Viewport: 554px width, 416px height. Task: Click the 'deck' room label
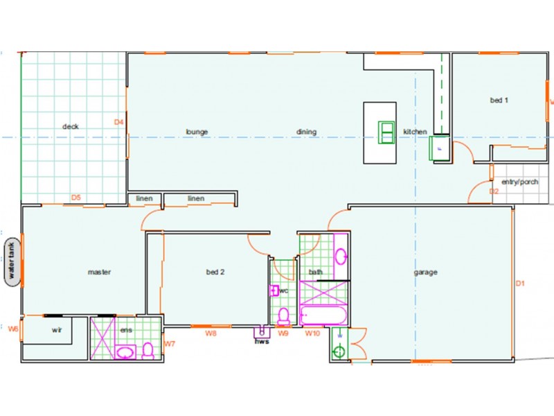71,127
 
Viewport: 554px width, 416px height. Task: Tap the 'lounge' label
197,132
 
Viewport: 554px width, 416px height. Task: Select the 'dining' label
306,132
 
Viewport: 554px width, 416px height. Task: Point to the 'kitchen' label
415,132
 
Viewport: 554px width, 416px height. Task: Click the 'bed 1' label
499,101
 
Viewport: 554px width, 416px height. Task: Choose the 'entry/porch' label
519,182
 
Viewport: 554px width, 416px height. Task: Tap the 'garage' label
425,272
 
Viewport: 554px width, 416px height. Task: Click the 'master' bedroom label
99,272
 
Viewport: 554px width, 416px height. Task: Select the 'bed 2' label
215,272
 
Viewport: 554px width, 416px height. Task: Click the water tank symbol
11,261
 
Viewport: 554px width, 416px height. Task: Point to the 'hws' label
262,341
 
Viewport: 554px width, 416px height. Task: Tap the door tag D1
521,283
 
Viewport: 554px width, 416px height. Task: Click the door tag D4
119,123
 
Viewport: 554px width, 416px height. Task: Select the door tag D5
76,198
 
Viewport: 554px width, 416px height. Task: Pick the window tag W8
212,333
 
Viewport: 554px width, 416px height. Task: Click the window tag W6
12,329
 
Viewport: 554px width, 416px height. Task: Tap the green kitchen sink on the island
386,132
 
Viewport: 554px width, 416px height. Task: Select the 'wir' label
57,331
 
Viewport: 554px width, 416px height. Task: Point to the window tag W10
313,333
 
